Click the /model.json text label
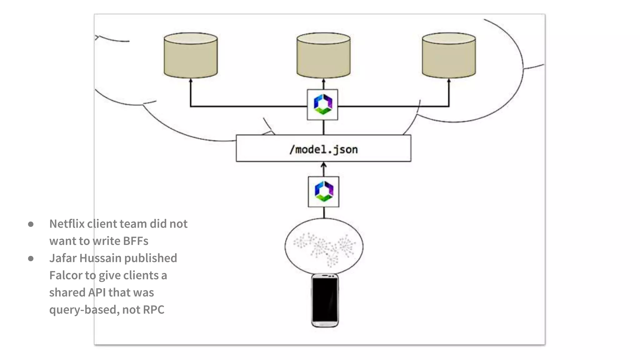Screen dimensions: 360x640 pos(323,149)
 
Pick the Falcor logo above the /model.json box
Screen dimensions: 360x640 pos(322,104)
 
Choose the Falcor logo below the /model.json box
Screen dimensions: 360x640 pos(324,192)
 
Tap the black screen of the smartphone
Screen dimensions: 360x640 pos(325,299)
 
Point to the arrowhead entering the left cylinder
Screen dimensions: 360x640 pos(191,81)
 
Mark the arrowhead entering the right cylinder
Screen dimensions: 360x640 pos(449,81)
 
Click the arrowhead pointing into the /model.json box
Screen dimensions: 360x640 pos(324,164)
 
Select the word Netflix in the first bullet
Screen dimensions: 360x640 pos(67,224)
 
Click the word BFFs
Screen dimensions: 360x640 pos(136,241)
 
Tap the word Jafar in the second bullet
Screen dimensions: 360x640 pos(63,258)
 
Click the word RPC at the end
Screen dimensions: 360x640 pos(153,310)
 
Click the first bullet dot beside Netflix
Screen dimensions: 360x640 pos(31,224)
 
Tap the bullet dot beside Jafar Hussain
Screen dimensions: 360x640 pos(31,258)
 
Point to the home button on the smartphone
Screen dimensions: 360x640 pos(325,324)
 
